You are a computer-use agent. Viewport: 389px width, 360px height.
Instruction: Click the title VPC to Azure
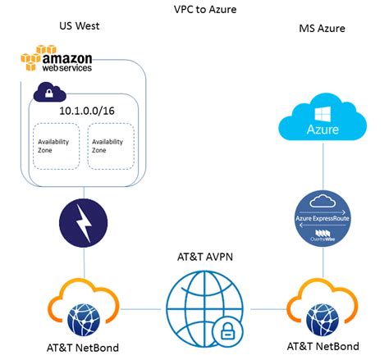coord(194,9)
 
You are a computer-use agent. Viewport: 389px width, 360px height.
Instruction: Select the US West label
coord(80,27)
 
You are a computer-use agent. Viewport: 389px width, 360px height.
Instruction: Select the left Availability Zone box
coord(55,146)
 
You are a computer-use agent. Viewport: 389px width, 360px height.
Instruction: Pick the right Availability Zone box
coord(110,146)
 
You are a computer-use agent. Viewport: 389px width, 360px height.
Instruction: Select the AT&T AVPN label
coord(195,255)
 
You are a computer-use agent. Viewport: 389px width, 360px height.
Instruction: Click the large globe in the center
coord(194,303)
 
